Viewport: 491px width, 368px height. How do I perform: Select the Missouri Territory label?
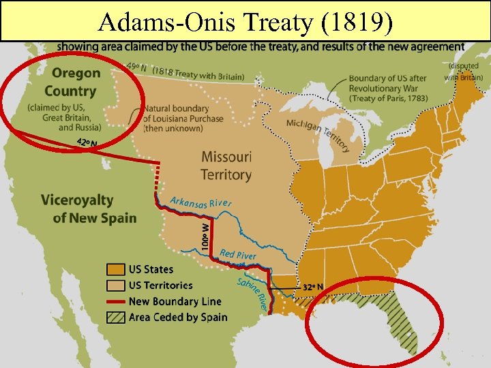(x=226, y=166)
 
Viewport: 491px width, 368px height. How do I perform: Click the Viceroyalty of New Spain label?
(x=88, y=209)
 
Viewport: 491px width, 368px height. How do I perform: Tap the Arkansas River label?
(x=201, y=202)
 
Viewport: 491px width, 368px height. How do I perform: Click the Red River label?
(x=238, y=254)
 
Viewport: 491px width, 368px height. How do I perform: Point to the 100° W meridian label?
(x=205, y=232)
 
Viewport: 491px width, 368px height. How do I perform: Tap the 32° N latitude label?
(x=313, y=287)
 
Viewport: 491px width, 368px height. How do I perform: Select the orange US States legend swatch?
(x=115, y=270)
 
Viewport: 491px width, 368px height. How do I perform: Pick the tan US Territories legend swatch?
(x=115, y=286)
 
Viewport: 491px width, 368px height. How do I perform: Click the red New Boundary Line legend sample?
(x=115, y=301)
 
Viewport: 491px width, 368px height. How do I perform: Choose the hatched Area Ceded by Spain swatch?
(x=115, y=317)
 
